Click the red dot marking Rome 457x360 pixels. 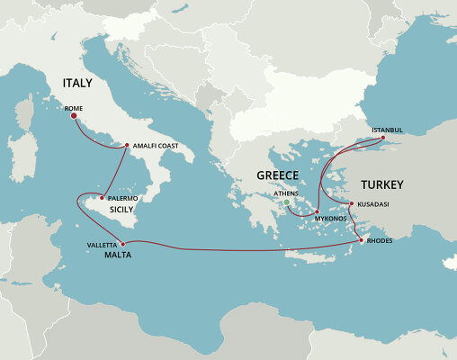click(73, 116)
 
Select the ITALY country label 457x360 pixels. click(78, 83)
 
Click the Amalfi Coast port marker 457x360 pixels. click(127, 145)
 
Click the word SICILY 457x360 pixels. click(121, 209)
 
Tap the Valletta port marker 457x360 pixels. click(121, 244)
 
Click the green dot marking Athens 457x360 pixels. click(286, 202)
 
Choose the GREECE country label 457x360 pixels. click(278, 175)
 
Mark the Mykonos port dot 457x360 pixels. click(316, 212)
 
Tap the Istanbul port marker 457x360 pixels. click(383, 138)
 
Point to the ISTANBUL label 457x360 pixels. click(390, 129)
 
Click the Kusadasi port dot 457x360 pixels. click(351, 204)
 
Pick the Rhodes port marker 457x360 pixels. click(362, 240)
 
